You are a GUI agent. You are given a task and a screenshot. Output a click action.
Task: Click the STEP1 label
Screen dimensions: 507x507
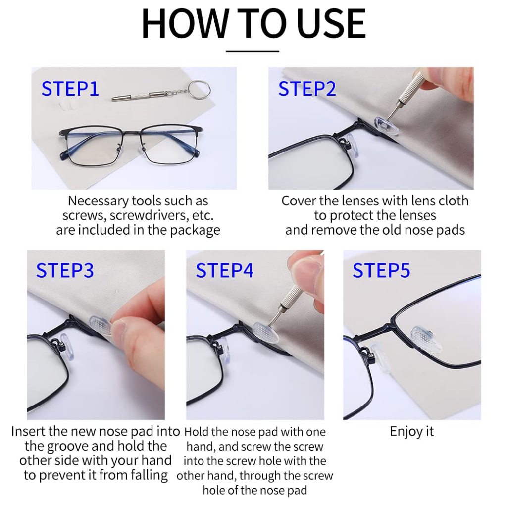point(70,89)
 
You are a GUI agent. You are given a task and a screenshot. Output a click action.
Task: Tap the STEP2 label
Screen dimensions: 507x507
point(307,89)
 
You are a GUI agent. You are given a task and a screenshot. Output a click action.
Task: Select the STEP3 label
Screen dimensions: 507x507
point(65,270)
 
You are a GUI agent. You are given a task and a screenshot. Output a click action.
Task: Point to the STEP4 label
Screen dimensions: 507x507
point(224,270)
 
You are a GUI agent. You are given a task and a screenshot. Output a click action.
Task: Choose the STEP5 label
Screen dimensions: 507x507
point(381,270)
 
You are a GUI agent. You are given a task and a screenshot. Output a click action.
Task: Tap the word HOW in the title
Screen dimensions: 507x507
point(185,24)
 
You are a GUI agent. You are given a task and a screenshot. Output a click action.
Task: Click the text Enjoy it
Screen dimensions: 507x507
point(411,432)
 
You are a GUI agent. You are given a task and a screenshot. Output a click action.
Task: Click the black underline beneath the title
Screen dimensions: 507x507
point(252,51)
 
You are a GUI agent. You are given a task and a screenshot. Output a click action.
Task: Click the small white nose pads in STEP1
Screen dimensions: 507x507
point(66,105)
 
